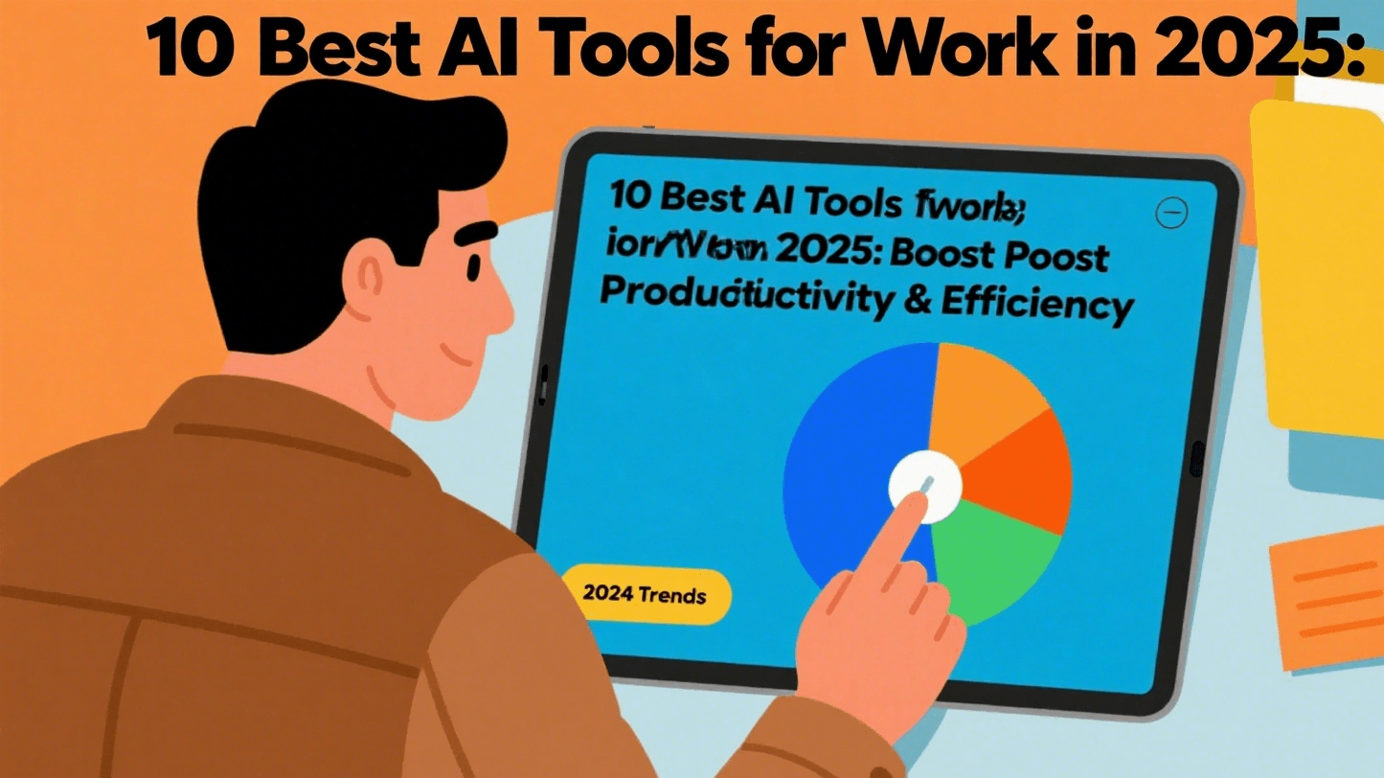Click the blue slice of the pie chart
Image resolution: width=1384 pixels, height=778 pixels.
[x=843, y=450]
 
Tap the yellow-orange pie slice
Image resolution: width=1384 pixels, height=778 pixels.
[x=982, y=388]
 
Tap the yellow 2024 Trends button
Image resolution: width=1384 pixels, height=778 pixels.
[x=645, y=595]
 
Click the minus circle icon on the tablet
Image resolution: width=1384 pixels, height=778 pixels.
[x=1171, y=212]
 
